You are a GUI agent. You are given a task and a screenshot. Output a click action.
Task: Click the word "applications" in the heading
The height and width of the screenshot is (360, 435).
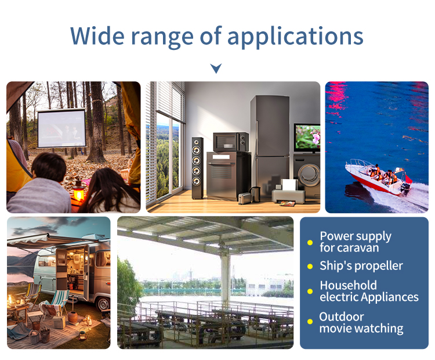pos(295,37)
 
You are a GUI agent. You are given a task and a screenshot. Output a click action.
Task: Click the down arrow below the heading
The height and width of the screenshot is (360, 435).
pos(216,69)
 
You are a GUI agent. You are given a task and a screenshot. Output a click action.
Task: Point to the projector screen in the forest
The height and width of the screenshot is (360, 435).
pos(61,128)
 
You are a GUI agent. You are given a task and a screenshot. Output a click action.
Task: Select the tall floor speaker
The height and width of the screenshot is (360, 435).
pos(197,168)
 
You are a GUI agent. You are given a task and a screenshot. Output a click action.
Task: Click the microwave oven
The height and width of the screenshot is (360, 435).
pos(231,142)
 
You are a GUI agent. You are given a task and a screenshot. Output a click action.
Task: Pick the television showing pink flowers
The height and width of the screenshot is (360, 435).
pos(307,138)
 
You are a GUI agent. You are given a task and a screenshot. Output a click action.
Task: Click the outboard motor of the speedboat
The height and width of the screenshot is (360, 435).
pos(406,189)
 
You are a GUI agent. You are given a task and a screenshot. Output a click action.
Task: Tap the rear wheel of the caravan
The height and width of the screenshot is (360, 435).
pos(103,304)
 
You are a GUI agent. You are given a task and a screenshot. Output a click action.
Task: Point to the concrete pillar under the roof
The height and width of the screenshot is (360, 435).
pos(226,278)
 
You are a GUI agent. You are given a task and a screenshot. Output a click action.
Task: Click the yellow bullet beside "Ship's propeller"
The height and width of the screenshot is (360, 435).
pos(310,267)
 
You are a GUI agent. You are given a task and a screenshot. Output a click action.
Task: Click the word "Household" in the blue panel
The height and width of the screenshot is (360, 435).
pos(348,286)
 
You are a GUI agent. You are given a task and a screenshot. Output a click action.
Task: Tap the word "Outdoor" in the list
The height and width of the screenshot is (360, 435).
pos(342,317)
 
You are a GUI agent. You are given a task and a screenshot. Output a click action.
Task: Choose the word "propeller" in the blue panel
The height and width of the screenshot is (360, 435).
pos(378,267)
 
